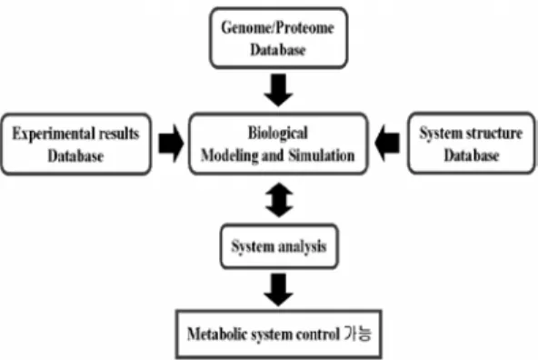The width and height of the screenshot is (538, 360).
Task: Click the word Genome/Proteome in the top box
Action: click(x=277, y=27)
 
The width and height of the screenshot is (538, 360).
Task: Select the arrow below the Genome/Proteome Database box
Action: click(x=279, y=90)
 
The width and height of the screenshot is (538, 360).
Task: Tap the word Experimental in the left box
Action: click(x=54, y=134)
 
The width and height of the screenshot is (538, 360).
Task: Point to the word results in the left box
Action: click(x=119, y=134)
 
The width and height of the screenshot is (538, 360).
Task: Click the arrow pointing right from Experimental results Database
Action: click(x=171, y=143)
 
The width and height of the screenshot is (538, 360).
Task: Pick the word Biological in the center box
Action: click(x=278, y=133)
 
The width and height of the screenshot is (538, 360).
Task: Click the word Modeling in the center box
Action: click(x=230, y=155)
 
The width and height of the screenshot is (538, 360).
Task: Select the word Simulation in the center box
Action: click(x=322, y=155)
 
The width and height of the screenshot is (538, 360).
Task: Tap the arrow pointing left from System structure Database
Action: click(x=387, y=143)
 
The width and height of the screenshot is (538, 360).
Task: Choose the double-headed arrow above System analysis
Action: click(x=279, y=200)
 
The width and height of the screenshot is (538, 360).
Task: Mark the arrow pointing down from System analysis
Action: click(x=279, y=290)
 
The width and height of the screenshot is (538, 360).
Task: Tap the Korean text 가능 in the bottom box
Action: click(x=358, y=334)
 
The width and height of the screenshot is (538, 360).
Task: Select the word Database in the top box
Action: click(x=278, y=50)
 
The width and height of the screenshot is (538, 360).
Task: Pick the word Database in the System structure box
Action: click(x=472, y=155)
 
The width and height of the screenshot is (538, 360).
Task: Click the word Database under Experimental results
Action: click(x=75, y=156)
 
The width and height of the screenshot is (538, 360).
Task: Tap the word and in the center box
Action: click(x=274, y=155)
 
